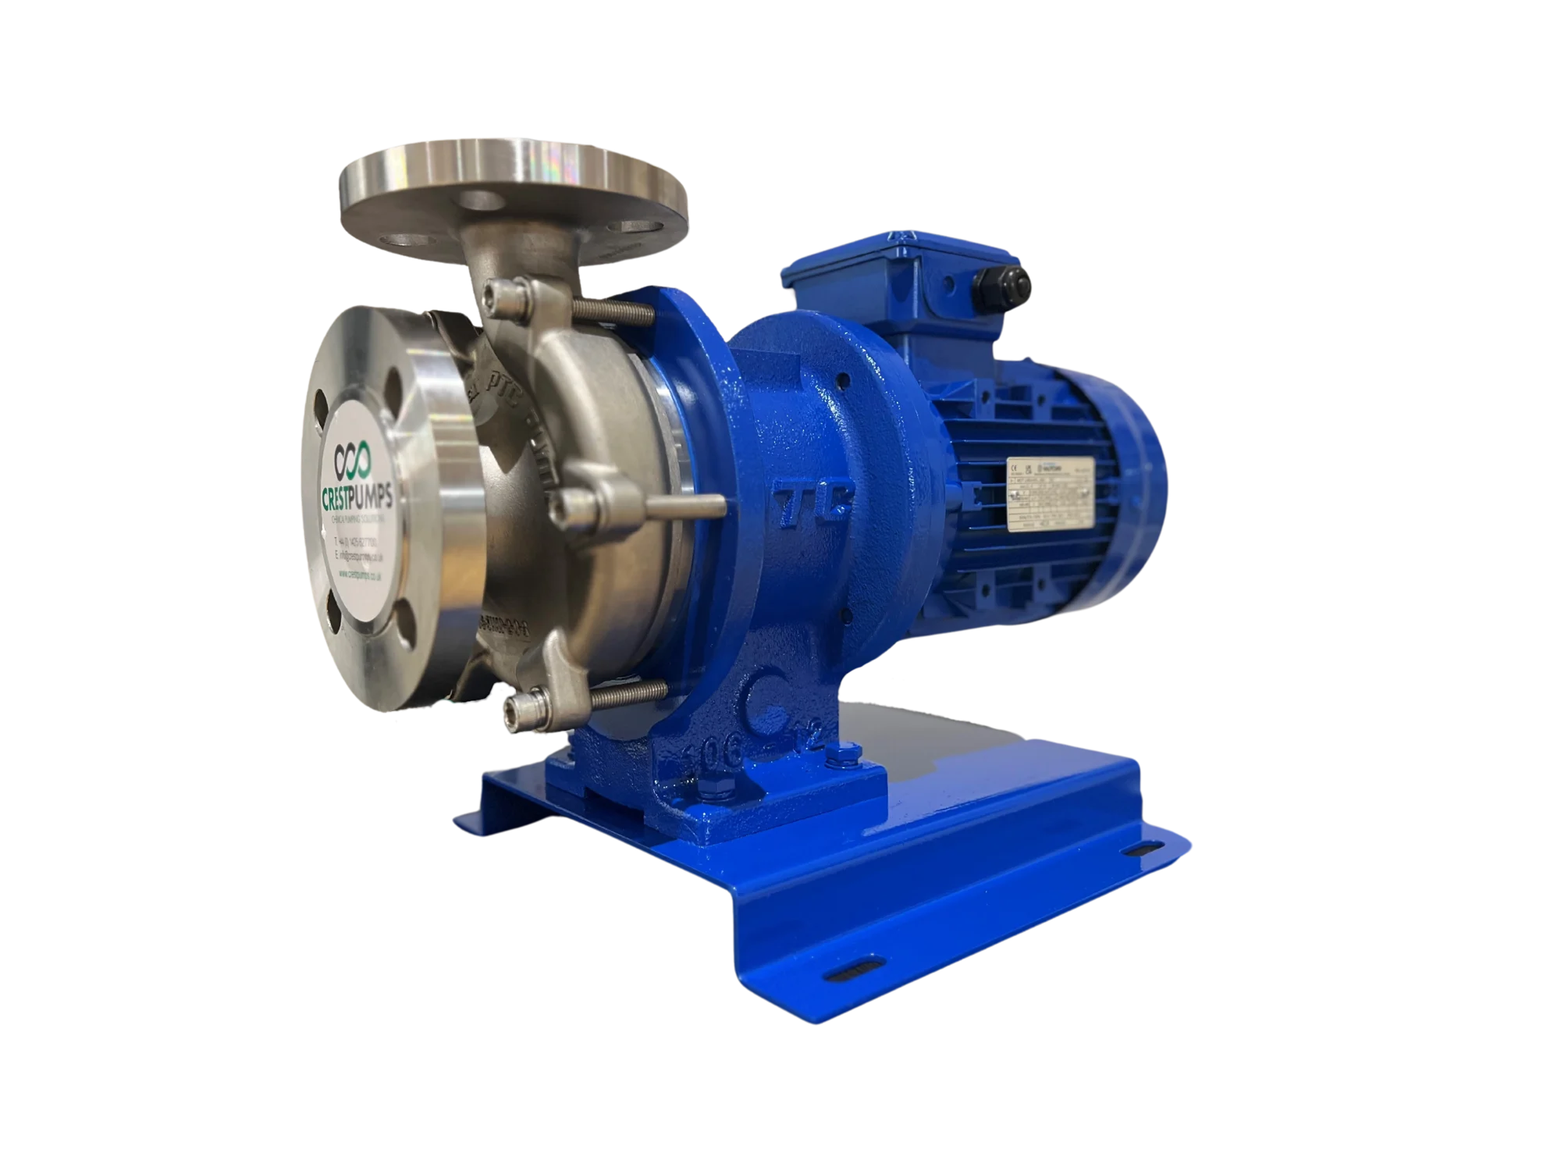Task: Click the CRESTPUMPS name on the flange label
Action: tap(358, 496)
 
